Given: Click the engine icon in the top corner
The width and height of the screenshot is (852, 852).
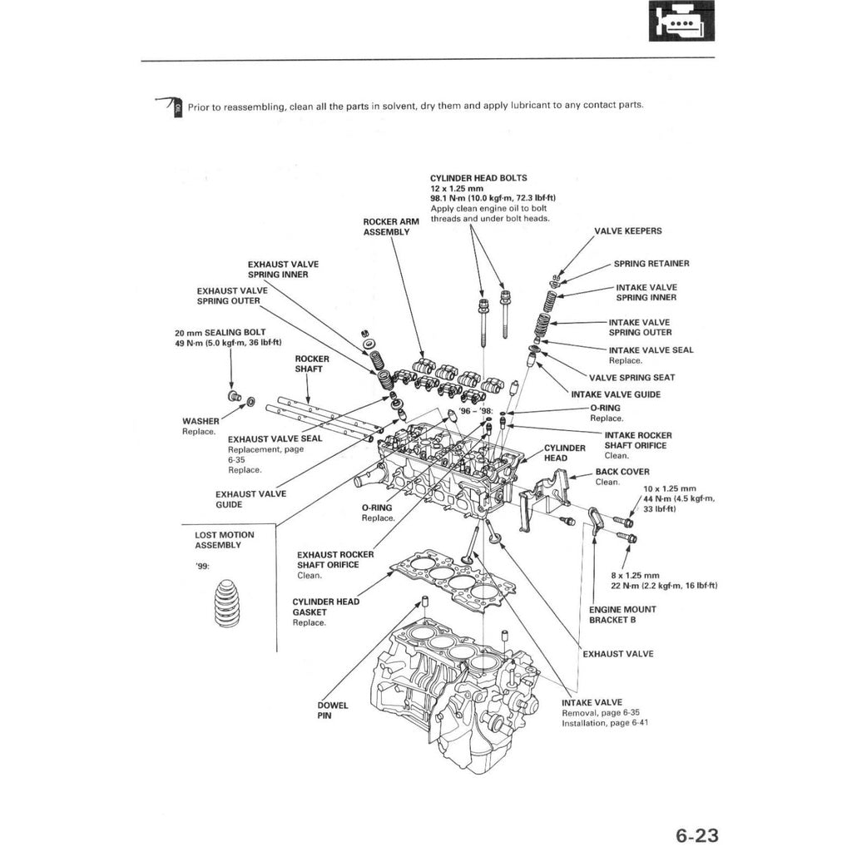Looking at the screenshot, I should [681, 21].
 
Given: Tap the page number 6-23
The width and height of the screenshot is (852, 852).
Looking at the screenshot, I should [696, 835].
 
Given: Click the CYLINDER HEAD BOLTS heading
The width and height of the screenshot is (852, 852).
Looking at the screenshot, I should [478, 178].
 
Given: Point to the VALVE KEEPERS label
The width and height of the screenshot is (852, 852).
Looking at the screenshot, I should [628, 231].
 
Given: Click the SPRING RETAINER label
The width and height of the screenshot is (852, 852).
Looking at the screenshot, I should [651, 264].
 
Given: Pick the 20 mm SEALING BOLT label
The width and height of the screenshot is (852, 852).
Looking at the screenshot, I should [220, 332].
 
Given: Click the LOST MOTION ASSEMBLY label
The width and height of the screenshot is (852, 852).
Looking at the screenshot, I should [225, 540].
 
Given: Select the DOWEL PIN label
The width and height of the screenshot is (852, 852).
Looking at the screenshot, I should [333, 710].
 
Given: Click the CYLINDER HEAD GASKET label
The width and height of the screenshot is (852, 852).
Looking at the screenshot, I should [326, 607].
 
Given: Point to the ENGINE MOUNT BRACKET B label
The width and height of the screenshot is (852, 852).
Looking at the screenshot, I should [622, 614].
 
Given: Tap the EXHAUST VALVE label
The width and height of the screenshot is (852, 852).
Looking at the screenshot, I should [617, 654].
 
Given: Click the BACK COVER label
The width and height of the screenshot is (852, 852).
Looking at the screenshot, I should [622, 472].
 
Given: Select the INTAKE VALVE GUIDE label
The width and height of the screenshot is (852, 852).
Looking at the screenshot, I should [616, 394].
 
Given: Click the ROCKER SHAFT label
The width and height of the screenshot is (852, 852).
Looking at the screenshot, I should [312, 364].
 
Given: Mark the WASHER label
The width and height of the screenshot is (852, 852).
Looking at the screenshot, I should [201, 421].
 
